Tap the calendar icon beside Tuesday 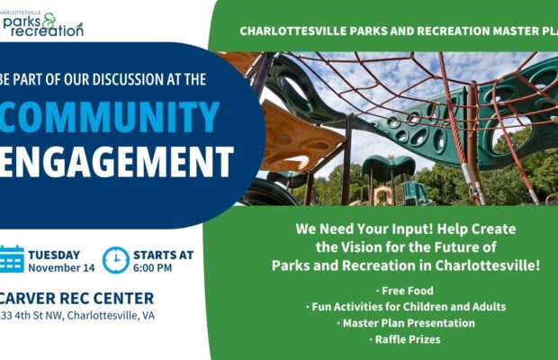(x=11, y=259)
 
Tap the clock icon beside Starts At (x=115, y=259)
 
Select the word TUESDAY (x=54, y=255)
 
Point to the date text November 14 (x=60, y=268)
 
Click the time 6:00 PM (x=153, y=268)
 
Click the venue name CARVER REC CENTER (x=76, y=298)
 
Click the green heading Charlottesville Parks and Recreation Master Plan (x=397, y=31)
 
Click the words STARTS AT (x=163, y=255)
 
